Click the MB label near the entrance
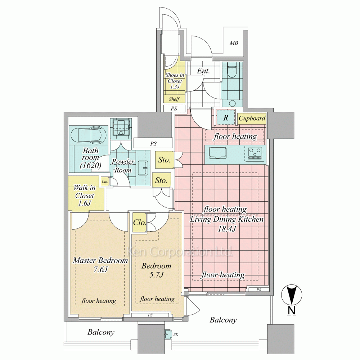click(234, 43)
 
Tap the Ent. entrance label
click(203, 71)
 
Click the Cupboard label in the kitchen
click(252, 118)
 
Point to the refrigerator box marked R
click(226, 118)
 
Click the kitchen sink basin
click(217, 153)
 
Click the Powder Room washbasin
click(143, 168)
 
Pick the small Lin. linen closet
click(105, 181)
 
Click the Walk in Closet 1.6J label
click(84, 195)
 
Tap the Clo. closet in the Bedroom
click(140, 222)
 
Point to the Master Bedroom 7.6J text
click(100, 265)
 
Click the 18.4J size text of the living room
click(226, 229)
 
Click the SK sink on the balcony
click(168, 334)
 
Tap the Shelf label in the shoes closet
click(174, 99)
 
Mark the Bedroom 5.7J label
click(156, 270)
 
